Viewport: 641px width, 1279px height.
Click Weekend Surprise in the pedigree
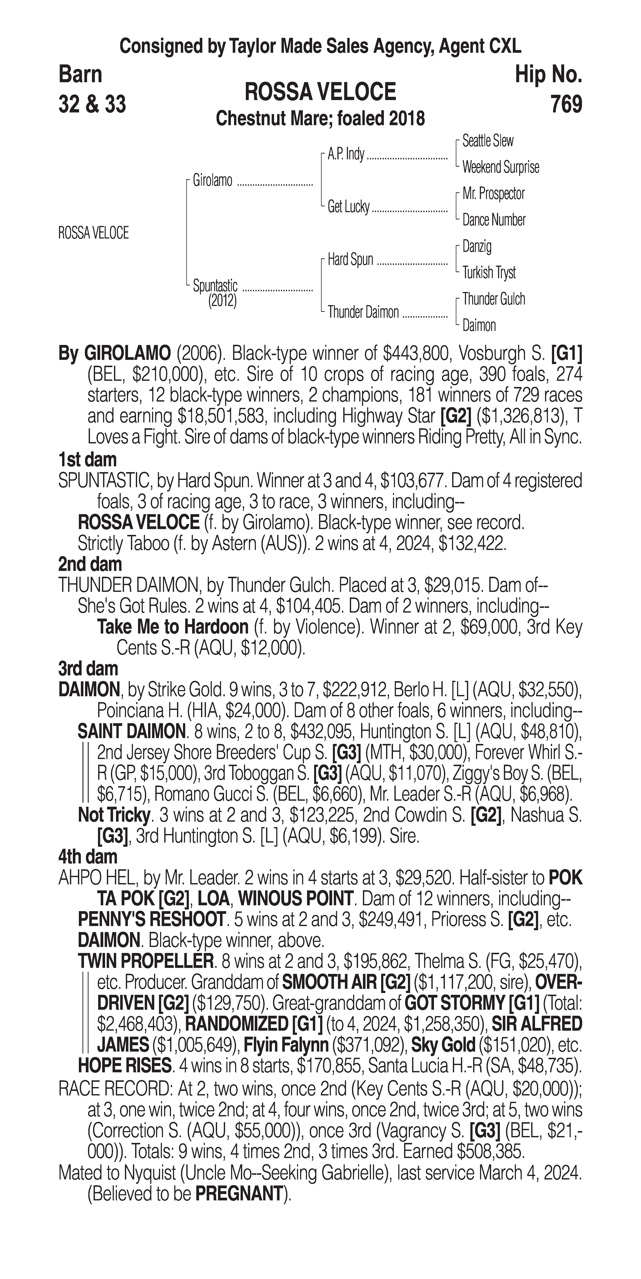click(500, 167)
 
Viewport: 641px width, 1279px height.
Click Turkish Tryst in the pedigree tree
click(489, 273)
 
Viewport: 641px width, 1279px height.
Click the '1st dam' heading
click(87, 459)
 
